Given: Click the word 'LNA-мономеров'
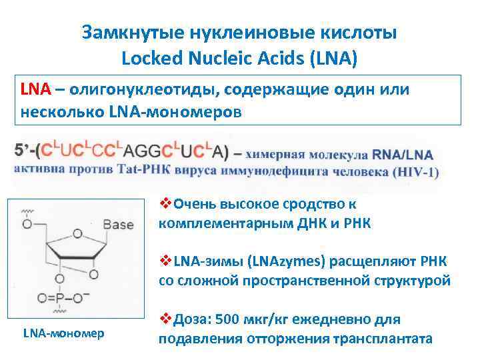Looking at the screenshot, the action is pos(175,112).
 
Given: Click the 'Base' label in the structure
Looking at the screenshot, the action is pos(118,225).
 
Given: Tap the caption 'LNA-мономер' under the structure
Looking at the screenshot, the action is pos(63,333).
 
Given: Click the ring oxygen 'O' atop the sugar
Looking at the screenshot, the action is pos(77,233).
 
